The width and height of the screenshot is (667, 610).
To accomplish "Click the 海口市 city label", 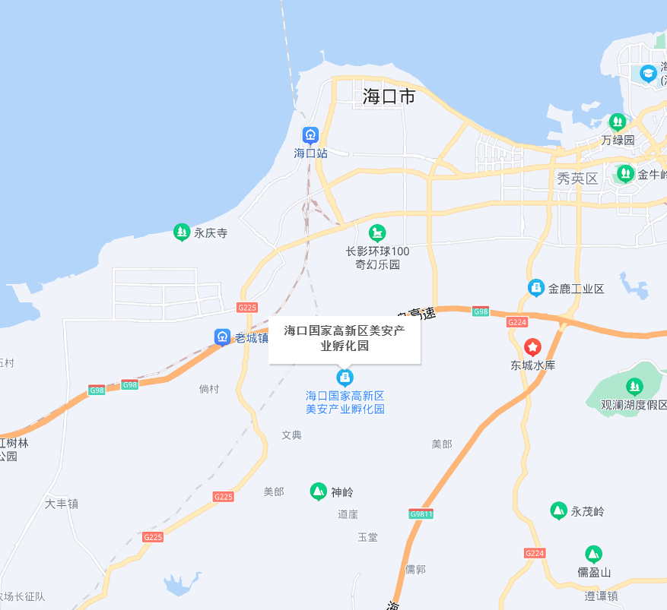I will [x=389, y=96].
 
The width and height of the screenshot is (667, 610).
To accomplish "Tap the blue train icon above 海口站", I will [x=310, y=135].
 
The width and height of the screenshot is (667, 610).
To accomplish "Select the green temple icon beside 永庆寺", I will [x=181, y=232].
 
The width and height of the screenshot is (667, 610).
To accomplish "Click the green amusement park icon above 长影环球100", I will [x=376, y=232].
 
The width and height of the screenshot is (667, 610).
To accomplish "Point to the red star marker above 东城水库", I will [x=533, y=347].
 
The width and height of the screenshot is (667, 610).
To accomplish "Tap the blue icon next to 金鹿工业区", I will [x=536, y=288].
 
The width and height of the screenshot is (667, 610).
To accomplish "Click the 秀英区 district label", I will [x=578, y=179].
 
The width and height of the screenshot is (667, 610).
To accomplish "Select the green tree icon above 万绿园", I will [x=617, y=122].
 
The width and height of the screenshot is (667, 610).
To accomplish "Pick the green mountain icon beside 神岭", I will [x=319, y=491].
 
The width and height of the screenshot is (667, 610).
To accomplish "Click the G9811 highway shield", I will [x=421, y=514].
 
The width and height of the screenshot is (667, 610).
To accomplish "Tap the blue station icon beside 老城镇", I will [x=222, y=337].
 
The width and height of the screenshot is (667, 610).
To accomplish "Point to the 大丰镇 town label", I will [x=62, y=504].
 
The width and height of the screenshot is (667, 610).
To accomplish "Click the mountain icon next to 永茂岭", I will [x=559, y=510].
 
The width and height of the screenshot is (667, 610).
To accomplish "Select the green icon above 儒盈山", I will [x=593, y=554].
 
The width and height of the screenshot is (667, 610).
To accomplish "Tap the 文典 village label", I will [x=291, y=435].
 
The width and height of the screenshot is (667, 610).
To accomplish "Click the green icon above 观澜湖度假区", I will [x=634, y=387].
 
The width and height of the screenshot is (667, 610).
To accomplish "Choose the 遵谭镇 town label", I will [x=601, y=596].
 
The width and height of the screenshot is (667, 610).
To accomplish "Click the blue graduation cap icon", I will [x=648, y=74].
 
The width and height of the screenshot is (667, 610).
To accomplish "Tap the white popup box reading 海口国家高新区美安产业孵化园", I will [x=344, y=338].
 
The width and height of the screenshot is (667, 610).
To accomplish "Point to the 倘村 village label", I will [x=209, y=389].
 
